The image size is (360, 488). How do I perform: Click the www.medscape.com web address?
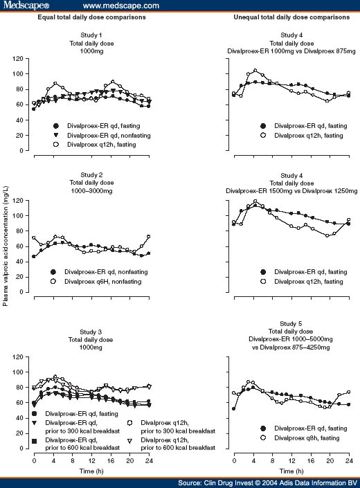(121, 6)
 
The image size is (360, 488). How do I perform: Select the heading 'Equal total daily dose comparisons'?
(91, 17)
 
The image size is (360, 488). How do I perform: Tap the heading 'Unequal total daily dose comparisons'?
(291, 17)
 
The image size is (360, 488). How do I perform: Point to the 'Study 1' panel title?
(91, 35)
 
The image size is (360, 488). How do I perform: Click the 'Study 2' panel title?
(91, 175)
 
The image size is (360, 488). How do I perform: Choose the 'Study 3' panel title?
(91, 332)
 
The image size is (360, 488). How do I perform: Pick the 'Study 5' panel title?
(291, 324)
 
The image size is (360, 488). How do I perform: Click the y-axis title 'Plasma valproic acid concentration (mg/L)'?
(6, 246)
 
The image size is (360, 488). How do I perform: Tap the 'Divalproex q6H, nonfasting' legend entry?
(97, 282)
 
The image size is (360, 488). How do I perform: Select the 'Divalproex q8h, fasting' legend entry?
(300, 438)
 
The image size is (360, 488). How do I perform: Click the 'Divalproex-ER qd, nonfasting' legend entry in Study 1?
(102, 136)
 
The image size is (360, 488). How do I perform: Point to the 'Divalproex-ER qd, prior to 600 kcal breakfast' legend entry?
(76, 444)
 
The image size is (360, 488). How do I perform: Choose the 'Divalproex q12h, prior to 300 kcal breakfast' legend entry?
(171, 427)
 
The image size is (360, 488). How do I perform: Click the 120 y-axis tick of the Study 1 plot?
(18, 59)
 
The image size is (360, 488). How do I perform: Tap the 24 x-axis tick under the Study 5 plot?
(349, 460)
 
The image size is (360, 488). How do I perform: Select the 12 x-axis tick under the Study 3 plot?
(92, 460)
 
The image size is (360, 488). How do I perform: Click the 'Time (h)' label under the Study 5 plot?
(291, 471)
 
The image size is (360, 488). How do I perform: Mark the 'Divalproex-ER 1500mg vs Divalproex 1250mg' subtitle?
(291, 191)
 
